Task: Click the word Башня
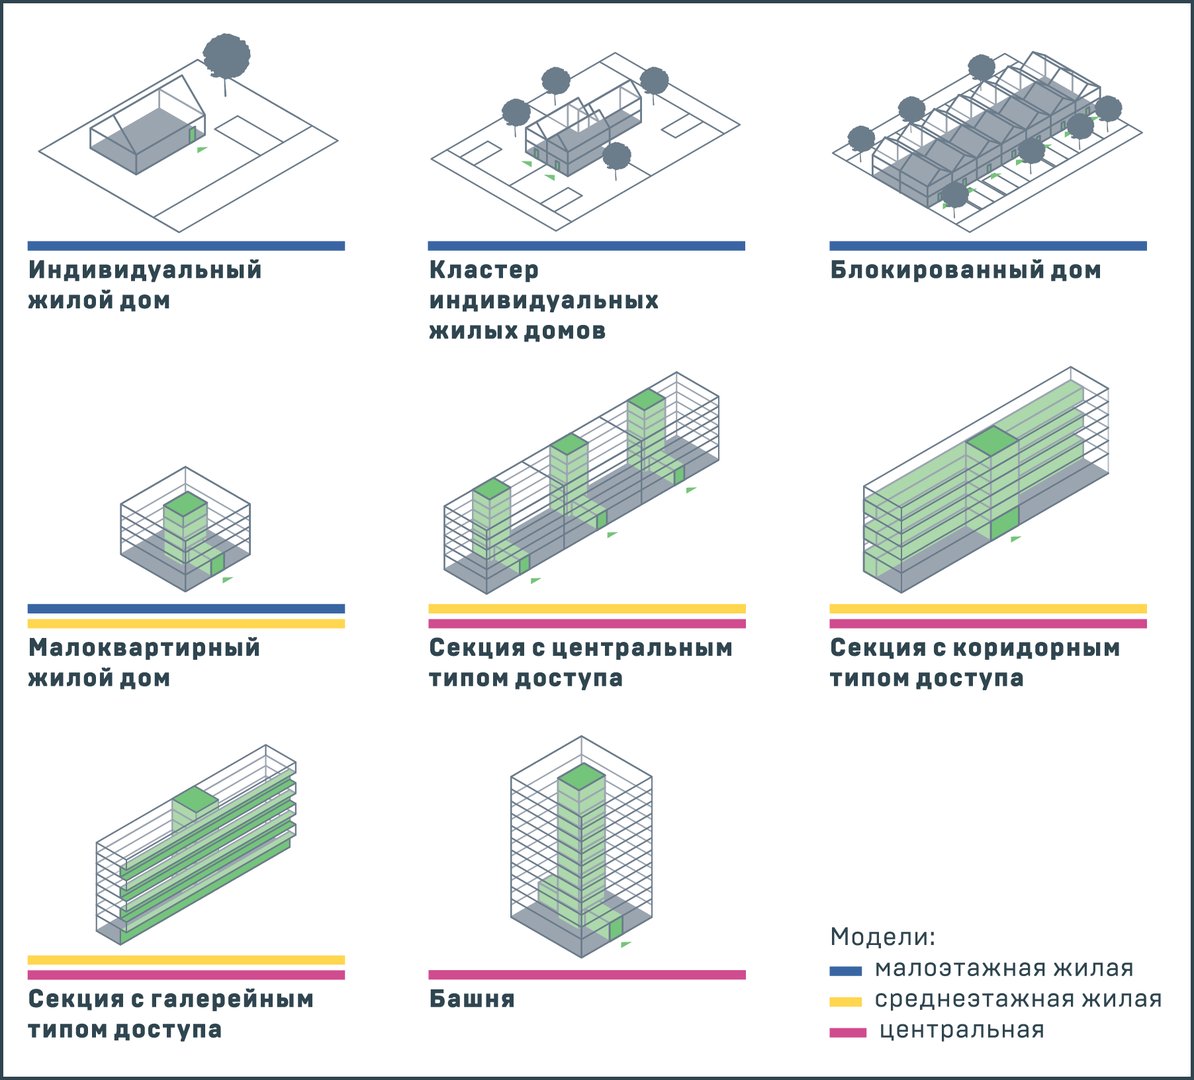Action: [x=472, y=999]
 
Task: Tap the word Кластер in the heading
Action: [x=484, y=270]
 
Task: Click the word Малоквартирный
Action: [x=144, y=647]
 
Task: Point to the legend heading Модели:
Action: [x=883, y=936]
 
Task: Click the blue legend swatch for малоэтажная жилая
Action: [x=846, y=970]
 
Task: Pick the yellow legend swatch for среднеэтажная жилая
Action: [x=846, y=1001]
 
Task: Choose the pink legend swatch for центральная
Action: [x=848, y=1032]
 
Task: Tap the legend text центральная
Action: [x=962, y=1030]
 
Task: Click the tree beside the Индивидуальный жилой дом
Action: [x=227, y=62]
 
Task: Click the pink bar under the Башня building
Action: [x=587, y=975]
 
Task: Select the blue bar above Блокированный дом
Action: [x=988, y=246]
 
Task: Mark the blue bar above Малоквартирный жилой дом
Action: [x=186, y=609]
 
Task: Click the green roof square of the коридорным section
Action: [x=992, y=441]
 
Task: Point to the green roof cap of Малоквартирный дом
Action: [x=185, y=504]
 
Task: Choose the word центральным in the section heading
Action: [x=642, y=648]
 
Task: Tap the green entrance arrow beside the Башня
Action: [x=626, y=944]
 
